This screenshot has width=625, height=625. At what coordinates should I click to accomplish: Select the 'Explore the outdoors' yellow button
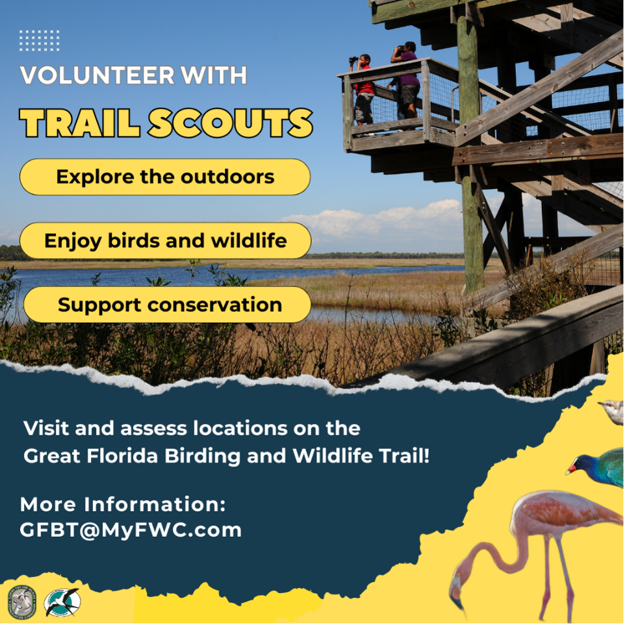click(165, 177)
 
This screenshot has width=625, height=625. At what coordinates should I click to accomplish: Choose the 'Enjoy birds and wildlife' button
click(165, 241)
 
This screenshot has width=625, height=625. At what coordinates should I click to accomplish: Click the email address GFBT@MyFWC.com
click(131, 529)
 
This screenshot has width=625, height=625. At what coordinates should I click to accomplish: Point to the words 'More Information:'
click(123, 504)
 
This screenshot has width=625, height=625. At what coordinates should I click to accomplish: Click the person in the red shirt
click(364, 88)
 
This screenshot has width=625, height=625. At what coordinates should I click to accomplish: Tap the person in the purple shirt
click(408, 78)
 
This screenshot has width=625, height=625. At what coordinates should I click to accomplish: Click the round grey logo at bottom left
click(21, 603)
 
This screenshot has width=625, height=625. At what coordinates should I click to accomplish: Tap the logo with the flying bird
click(62, 602)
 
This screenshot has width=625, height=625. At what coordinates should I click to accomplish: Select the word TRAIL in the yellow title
click(82, 123)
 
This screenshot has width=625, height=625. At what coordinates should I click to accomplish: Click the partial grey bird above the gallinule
click(613, 411)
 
